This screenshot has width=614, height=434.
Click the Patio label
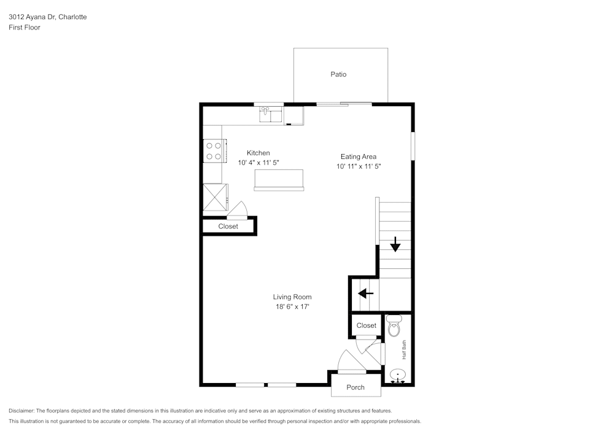coord(338,74)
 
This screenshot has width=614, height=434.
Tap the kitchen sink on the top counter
coord(270,114)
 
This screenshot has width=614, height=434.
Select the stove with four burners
coord(213,151)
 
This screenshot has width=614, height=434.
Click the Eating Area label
coord(359,157)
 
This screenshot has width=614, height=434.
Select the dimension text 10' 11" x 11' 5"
coord(359,166)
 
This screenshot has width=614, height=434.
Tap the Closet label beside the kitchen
coord(228,227)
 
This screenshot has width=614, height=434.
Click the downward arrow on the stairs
coord(395,245)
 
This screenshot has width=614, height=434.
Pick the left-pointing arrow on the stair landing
coord(366,293)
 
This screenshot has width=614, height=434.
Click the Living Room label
coord(292,297)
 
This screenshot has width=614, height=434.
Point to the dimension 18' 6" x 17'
coord(292,307)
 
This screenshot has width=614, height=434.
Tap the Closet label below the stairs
coord(366,325)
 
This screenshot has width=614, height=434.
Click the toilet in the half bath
coord(394,326)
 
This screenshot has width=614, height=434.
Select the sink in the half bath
coord(398,374)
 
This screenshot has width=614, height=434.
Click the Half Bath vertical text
coord(404,350)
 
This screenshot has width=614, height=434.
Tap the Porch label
coord(356,387)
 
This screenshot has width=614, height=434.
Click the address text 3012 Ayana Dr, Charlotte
coord(47,17)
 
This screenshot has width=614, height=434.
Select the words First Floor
coord(25,28)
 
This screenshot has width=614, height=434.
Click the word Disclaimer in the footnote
coord(21,411)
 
